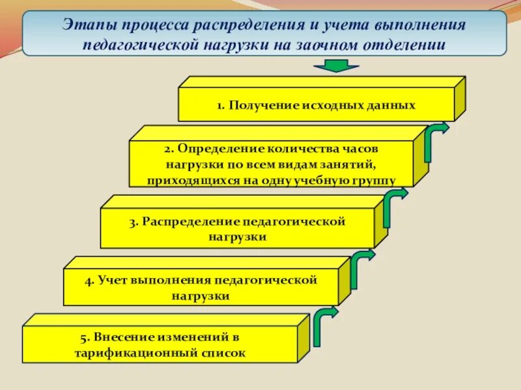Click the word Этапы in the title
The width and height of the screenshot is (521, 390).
[x=87, y=25]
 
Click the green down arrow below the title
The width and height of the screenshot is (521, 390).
[x=336, y=65]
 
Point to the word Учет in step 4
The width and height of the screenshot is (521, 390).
[x=113, y=281]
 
